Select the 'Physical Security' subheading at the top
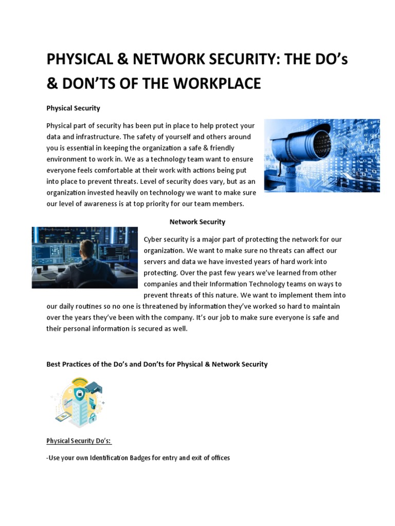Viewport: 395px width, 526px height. pos(73,108)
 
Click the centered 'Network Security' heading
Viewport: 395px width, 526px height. pos(197,222)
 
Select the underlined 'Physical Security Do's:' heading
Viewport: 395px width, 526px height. pos(79,441)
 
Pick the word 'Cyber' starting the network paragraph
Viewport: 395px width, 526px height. pos(153,239)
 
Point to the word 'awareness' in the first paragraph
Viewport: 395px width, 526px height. pos(108,204)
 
